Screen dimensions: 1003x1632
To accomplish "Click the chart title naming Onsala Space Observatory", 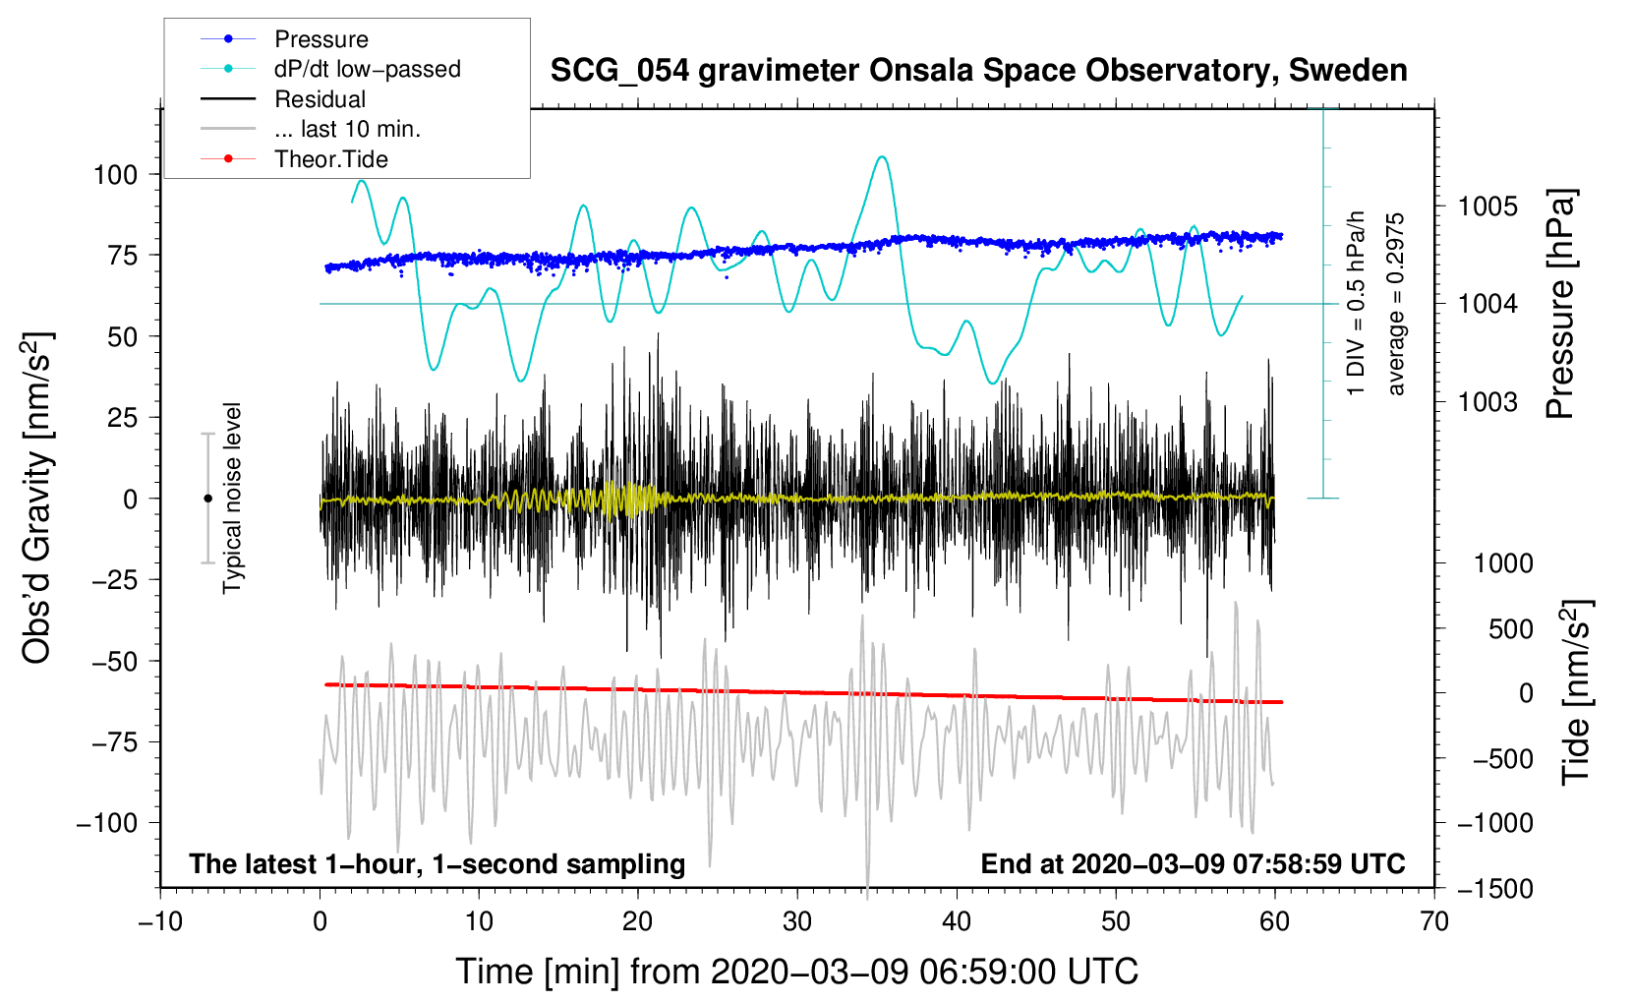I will pos(978,71).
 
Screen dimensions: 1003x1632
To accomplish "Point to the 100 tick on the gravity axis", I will pos(115,175).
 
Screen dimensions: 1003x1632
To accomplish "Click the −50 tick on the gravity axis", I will pos(115,661).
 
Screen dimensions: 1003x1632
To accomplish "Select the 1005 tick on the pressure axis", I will pos(1487,206).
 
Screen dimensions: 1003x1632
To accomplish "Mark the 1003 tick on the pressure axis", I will pos(1487,401).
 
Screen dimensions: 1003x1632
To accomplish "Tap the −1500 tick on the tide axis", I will pos(1495,889).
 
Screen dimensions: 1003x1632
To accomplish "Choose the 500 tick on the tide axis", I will pos(1510,628).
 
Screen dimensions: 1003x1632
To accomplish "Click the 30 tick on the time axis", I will pos(797,921).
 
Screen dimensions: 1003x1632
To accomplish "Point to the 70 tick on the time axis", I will pos(1434,921).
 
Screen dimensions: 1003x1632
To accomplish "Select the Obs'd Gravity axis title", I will pos(37,499).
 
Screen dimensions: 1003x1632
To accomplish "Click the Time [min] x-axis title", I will pos(797,972).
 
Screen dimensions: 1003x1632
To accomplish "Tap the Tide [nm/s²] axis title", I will pos(1576,692).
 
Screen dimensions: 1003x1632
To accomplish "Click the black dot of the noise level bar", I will pos(207,499).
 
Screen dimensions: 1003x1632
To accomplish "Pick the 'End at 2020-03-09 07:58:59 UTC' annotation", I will pos(1193,864).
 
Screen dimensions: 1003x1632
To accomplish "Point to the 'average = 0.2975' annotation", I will pos(1396,305).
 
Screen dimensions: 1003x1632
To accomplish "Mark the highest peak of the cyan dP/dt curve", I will pos(882,156).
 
